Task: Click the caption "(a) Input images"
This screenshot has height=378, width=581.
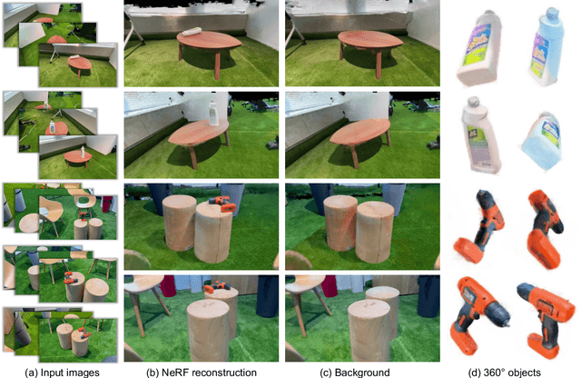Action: coord(62,373)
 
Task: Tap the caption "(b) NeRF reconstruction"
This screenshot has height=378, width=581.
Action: coord(202,373)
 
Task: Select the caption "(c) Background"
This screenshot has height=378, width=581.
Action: coord(355,373)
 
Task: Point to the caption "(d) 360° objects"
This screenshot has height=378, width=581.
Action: coord(505,373)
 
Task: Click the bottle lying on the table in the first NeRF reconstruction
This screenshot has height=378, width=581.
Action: coord(192,32)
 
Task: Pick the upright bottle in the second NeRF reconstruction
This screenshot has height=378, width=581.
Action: coord(213,113)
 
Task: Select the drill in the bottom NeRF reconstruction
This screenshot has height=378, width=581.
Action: coord(217,286)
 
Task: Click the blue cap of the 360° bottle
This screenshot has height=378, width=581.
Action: coord(552,13)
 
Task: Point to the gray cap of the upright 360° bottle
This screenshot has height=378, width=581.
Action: coord(473,102)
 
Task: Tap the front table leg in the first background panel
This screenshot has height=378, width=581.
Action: coord(379,65)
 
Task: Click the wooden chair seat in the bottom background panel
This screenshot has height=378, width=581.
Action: coord(300,283)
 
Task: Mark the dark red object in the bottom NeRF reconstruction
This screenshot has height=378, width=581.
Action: coord(168,286)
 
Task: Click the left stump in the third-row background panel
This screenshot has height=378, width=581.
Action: coord(340,223)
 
